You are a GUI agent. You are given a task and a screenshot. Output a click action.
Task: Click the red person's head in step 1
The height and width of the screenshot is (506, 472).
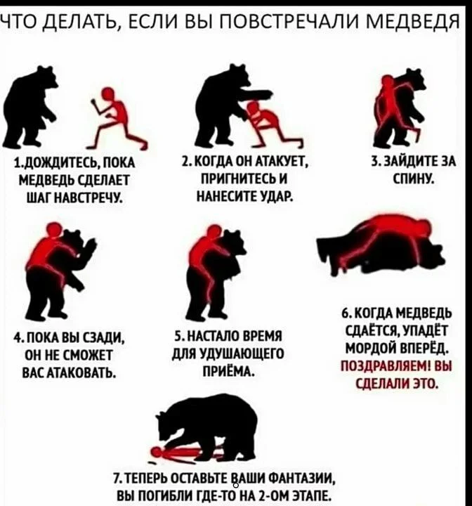[107, 94]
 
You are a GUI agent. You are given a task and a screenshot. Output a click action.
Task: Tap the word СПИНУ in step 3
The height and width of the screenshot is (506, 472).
[413, 178]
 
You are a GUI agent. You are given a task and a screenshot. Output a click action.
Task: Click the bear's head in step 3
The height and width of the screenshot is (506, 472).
[412, 79]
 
